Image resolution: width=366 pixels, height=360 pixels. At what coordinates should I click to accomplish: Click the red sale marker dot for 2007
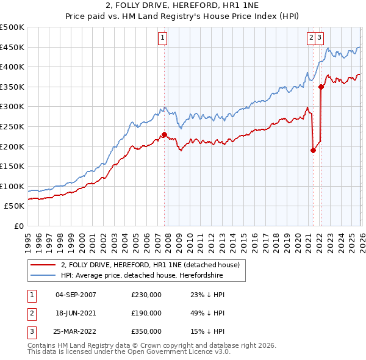pyautogui.click(x=164, y=134)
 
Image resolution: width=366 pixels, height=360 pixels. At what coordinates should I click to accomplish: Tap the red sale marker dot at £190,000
pyautogui.click(x=313, y=150)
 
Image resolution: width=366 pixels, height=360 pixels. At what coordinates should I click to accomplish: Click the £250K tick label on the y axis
pyautogui.click(x=12, y=126)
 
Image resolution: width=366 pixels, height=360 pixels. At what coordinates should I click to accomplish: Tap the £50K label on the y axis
pyautogui.click(x=15, y=206)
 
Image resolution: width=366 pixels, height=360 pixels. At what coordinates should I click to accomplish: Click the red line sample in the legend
pyautogui.click(x=43, y=265)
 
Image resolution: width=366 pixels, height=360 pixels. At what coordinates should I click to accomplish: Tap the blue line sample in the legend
pyautogui.click(x=43, y=276)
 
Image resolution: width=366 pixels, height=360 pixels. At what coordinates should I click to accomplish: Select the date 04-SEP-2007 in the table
pyautogui.click(x=76, y=295)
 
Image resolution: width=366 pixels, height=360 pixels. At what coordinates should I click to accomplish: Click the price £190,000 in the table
pyautogui.click(x=146, y=312)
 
